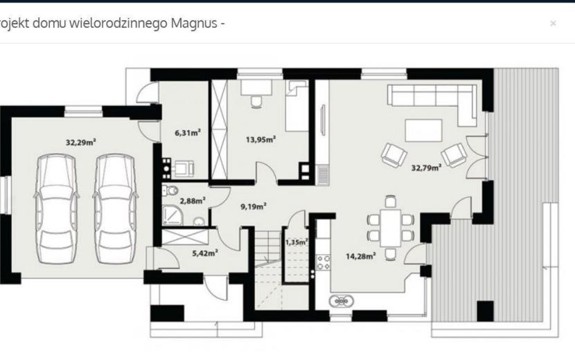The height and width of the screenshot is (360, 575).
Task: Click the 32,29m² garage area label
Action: click(x=81, y=142)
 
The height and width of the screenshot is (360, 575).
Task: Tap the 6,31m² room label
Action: click(x=188, y=132)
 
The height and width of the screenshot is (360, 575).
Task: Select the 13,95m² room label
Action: click(x=260, y=139)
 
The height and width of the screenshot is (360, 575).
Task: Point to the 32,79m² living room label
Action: click(x=426, y=168)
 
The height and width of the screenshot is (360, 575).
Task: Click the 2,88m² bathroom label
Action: click(x=193, y=201)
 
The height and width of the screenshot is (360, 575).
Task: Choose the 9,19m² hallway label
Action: click(x=254, y=207)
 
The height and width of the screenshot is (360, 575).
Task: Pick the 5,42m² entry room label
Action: click(x=205, y=253)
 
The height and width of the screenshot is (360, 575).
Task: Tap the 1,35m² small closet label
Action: click(x=297, y=242)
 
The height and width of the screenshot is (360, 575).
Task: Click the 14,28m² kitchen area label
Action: click(x=361, y=256)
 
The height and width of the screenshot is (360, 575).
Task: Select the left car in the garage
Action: click(x=57, y=208)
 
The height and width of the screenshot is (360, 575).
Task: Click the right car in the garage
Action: click(x=115, y=208)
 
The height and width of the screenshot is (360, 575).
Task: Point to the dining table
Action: click(x=391, y=228)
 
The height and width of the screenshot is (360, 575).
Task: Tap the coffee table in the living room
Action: click(x=423, y=130)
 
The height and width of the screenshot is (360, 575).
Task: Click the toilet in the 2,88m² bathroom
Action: click(x=170, y=190)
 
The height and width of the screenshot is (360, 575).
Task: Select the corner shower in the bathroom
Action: click(x=170, y=215)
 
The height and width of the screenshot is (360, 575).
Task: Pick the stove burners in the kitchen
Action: click(x=324, y=262)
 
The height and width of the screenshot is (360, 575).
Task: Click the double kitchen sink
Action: click(x=342, y=301)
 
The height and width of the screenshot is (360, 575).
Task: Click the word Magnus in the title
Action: click(x=194, y=24)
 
